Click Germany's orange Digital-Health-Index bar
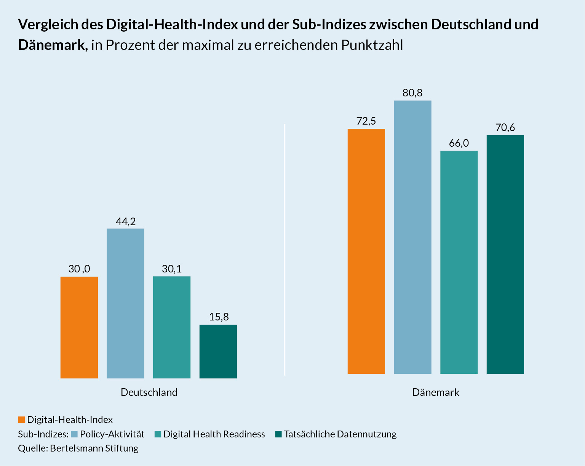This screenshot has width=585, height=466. point(79,327)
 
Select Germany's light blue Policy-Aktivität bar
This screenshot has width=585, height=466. point(125,303)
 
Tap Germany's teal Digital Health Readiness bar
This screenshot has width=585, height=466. point(172,327)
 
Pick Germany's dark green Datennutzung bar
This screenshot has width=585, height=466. point(218,351)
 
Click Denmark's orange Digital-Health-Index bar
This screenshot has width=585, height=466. point(366,251)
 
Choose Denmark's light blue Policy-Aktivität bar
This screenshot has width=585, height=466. point(412,237)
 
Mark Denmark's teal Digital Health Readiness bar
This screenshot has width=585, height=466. point(459,262)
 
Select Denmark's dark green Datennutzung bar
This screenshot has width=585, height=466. point(505,254)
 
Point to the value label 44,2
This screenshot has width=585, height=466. point(126,221)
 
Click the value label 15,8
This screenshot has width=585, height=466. point(219,317)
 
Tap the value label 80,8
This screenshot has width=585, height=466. point(412,93)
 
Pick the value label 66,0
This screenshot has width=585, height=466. point(459,143)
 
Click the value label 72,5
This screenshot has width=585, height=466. point(366,121)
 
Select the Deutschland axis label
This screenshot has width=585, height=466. point(149,392)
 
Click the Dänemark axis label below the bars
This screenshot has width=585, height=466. point(436,392)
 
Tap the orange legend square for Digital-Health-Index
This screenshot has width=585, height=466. point(21,420)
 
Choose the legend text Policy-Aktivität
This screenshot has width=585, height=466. point(112,434)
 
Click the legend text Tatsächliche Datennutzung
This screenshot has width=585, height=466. point(340,434)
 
